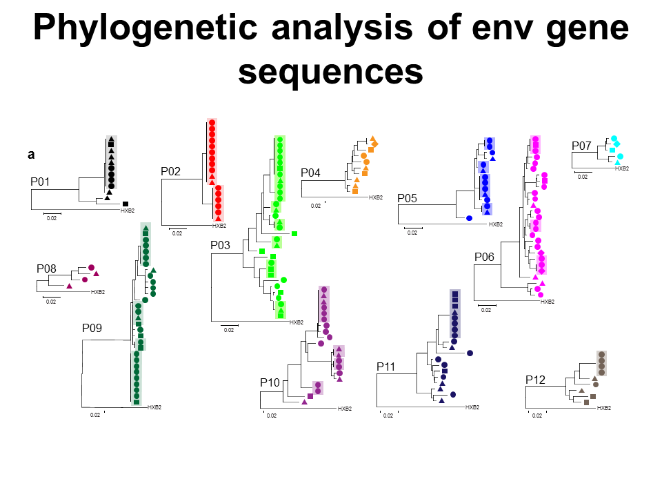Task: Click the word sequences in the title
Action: pos(330,71)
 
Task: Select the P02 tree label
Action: pos(170,171)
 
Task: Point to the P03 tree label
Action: pos(221,245)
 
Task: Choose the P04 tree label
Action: pos(311,173)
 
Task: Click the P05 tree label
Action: pos(408,199)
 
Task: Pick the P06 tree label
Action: pos(484,257)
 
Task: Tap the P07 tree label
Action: pos(581,146)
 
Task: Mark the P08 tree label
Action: pos(47,269)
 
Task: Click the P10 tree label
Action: pos(270,382)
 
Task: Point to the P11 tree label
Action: pos(386,366)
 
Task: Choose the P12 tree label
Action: pos(535,380)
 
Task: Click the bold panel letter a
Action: pos(31,155)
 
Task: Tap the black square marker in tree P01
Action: pos(126,204)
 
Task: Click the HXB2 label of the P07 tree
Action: pos(622,168)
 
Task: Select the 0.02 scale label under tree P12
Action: pos(536,416)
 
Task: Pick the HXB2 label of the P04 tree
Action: pos(376,197)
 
